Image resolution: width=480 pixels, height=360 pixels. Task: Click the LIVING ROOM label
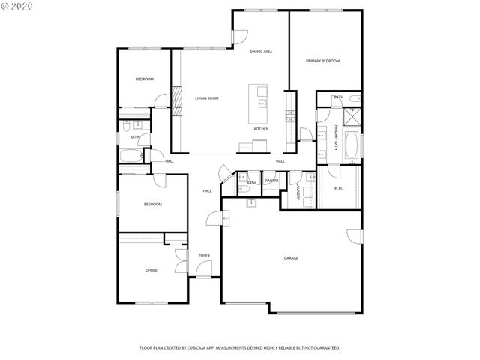tap(206, 98)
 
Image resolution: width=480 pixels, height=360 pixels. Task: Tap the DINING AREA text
tap(261, 52)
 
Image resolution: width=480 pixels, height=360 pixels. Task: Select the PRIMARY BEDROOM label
tap(322, 61)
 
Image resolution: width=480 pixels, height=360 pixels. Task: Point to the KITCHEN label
tap(261, 129)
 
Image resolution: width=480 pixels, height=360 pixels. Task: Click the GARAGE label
tap(291, 258)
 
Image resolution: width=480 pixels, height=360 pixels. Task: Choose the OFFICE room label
tap(151, 270)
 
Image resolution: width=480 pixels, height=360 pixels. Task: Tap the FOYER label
tap(204, 256)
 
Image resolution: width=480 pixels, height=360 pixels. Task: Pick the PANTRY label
tap(271, 180)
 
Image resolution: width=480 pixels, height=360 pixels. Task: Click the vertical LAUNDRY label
tap(298, 193)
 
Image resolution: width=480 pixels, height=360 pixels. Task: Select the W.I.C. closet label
tap(338, 188)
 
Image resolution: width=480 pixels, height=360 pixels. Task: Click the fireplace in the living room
tap(177, 100)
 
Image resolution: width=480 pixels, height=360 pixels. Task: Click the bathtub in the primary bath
tap(352, 145)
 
